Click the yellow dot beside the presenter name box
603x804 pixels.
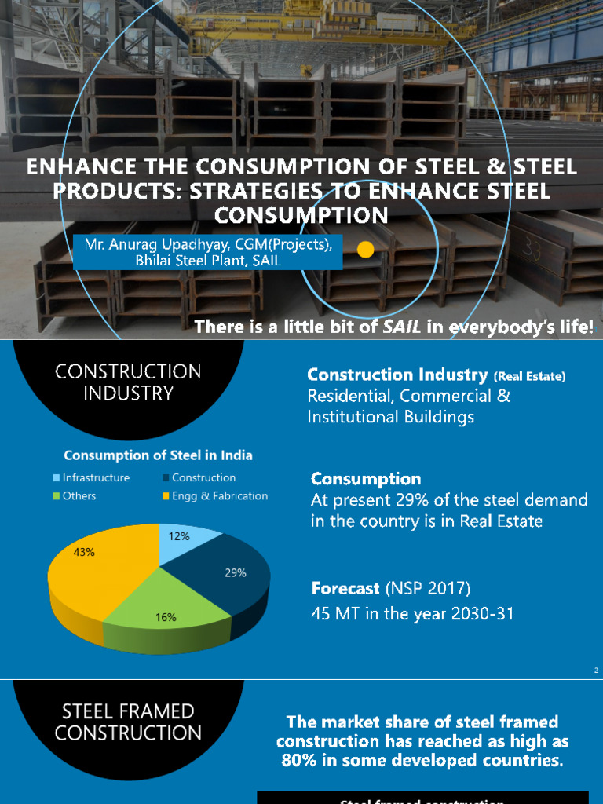coord(365,250)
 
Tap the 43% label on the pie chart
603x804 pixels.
coord(84,552)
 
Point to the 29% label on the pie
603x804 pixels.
coord(236,572)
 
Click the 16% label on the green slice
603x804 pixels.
coord(166,617)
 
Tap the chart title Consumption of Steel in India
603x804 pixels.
coord(158,455)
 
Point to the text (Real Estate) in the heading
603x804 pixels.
coord(529,377)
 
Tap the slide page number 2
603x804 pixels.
coord(596,671)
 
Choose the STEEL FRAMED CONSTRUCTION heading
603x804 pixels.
coord(127,722)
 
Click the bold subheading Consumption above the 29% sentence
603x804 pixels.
coord(366,478)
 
